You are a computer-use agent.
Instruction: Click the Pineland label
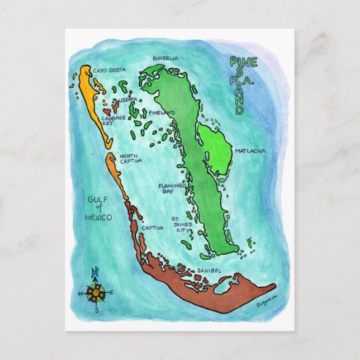tap(162, 113)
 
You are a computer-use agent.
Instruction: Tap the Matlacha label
tap(250, 151)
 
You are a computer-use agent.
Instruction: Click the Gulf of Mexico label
tap(99, 208)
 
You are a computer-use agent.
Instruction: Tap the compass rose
tap(96, 291)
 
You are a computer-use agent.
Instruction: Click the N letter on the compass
tap(95, 272)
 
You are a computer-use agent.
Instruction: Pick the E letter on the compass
tap(111, 292)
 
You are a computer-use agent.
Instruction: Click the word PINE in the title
tap(243, 62)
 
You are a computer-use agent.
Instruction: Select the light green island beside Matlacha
tap(215, 148)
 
